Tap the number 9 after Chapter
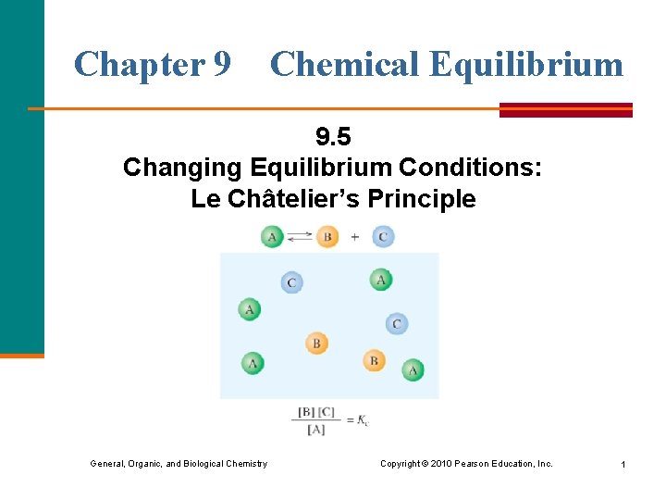pyautogui.click(x=222, y=64)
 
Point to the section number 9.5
pyautogui.click(x=333, y=138)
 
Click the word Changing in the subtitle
pyautogui.click(x=180, y=168)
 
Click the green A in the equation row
pyautogui.click(x=272, y=237)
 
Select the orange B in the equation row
pyautogui.click(x=327, y=237)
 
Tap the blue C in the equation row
pyautogui.click(x=383, y=237)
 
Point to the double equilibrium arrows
pyautogui.click(x=300, y=237)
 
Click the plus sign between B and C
pyautogui.click(x=355, y=237)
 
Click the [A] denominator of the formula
pyautogui.click(x=314, y=430)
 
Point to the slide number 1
pyautogui.click(x=623, y=463)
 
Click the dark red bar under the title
pyautogui.click(x=565, y=109)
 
